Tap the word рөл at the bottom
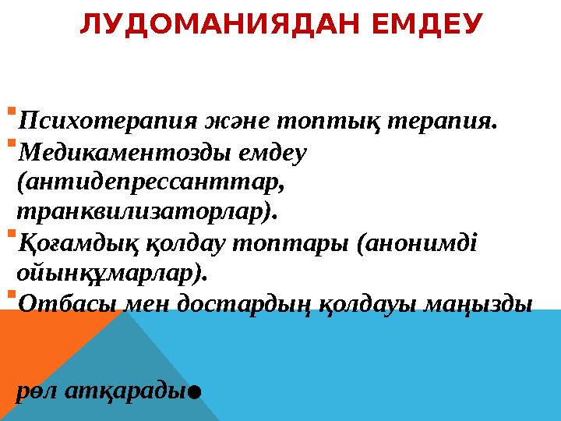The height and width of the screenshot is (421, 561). point(34,390)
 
